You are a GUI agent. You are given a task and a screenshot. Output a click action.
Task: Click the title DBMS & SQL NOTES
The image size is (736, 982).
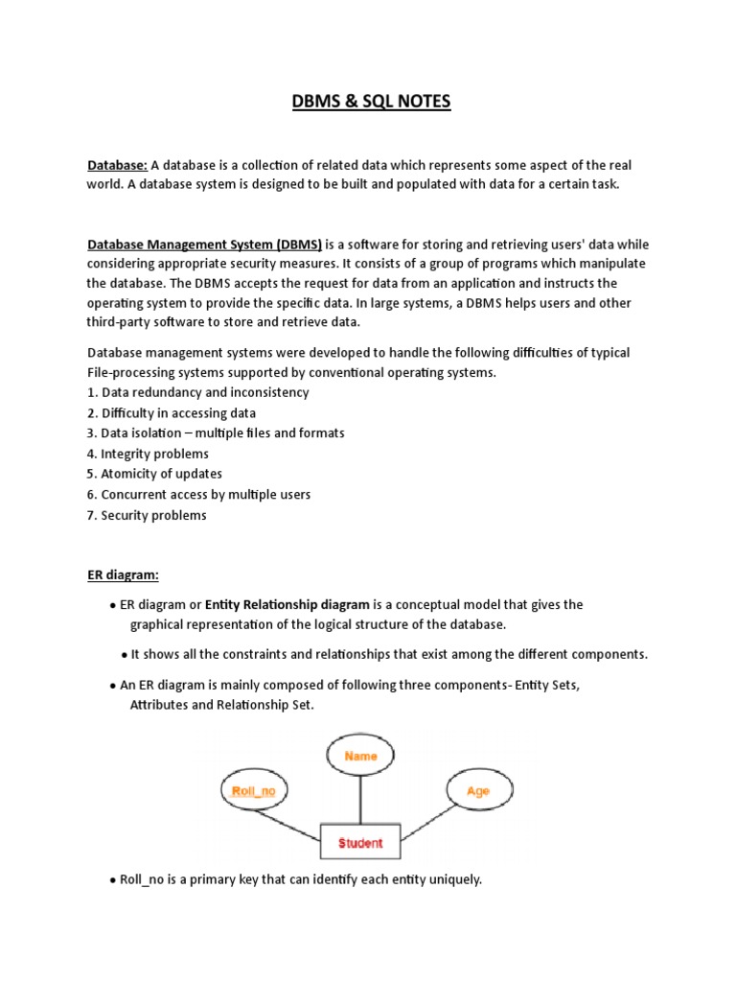[371, 101]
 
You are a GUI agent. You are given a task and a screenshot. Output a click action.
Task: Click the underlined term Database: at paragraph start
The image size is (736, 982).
[117, 166]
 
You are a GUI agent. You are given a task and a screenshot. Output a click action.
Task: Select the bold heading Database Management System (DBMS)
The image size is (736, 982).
[205, 245]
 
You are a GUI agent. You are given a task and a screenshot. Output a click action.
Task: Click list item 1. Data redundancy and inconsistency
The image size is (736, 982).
[198, 392]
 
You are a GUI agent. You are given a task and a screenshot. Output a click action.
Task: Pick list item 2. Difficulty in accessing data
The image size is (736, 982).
[172, 413]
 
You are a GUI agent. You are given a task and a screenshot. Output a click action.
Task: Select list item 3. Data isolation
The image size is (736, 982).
[216, 433]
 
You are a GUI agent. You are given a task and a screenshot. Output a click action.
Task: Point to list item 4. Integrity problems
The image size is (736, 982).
[148, 454]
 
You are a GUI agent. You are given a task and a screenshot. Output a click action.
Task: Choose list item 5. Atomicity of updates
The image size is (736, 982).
[154, 474]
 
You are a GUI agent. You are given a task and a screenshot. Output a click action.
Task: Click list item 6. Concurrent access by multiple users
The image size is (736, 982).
[198, 495]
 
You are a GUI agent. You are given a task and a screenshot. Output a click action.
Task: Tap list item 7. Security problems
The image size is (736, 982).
[147, 515]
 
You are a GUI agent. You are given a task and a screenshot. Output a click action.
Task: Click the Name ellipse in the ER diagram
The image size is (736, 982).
[360, 757]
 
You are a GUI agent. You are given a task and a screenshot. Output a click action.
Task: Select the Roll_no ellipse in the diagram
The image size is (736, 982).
[254, 792]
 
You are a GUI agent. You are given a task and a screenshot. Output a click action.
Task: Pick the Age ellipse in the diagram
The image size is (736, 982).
[477, 792]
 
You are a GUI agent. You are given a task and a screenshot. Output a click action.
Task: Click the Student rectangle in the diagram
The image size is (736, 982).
[360, 843]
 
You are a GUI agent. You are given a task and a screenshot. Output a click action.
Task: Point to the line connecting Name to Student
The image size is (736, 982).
[360, 800]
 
